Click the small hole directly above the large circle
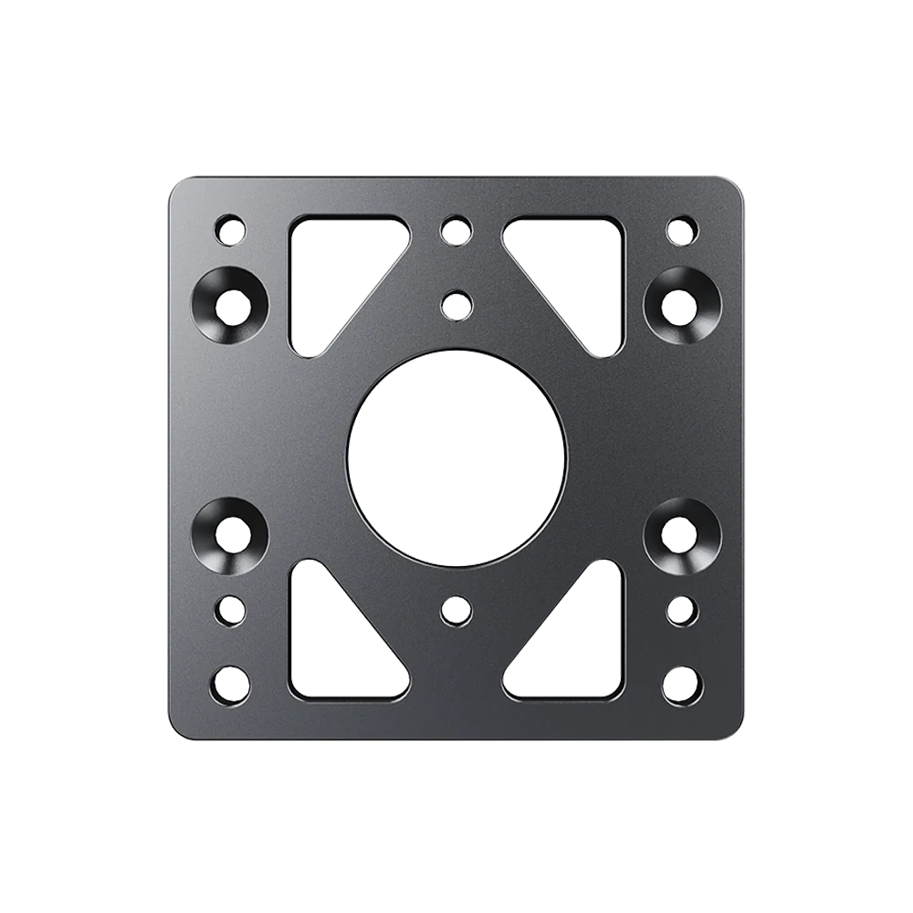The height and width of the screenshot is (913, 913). click(x=455, y=302)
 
